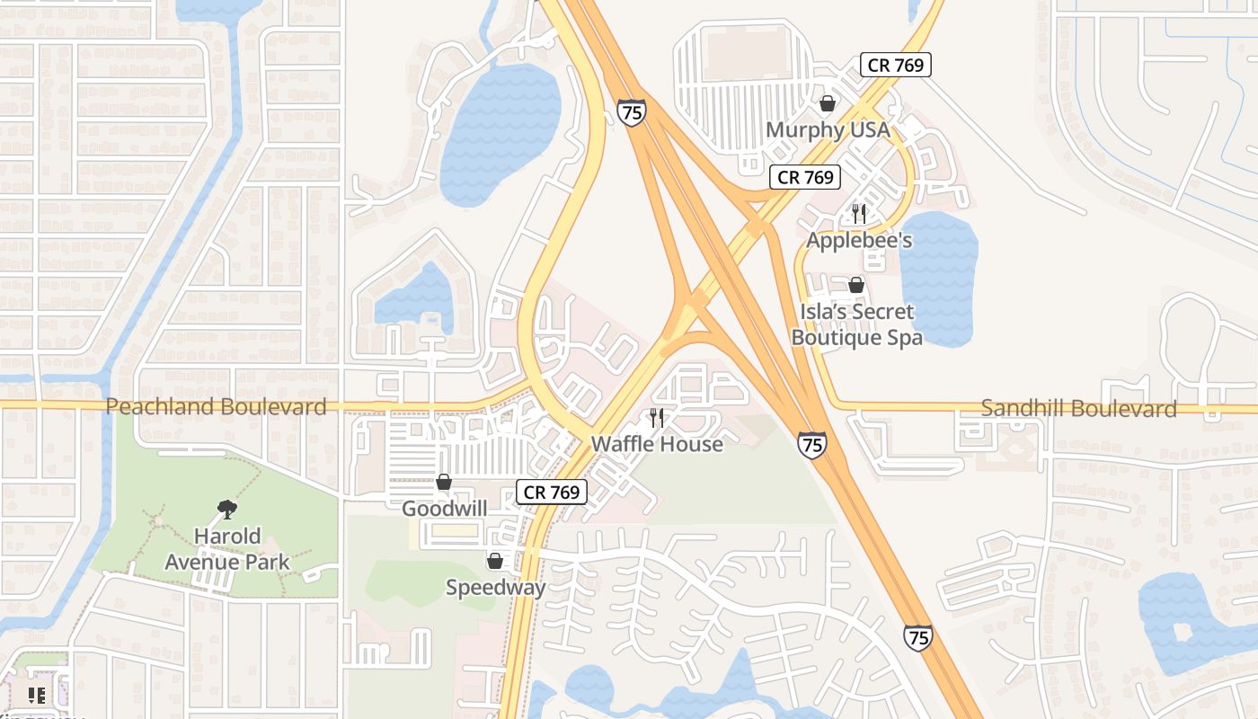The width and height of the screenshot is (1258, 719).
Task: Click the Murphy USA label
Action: [828, 130]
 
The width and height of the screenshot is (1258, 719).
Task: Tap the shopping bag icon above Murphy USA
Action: [828, 103]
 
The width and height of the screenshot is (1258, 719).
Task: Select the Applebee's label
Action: [859, 240]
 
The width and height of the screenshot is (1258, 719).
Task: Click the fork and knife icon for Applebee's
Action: [859, 214]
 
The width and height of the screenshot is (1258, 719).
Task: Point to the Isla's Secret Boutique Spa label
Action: [856, 324]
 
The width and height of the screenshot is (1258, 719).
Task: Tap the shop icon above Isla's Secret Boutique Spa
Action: [856, 285]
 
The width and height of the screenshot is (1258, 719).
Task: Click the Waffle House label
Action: [657, 444]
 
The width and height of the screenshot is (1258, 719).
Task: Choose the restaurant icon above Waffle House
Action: [657, 417]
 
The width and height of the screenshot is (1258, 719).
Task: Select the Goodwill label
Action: [444, 509]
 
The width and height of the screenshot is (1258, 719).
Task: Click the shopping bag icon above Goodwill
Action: [444, 483]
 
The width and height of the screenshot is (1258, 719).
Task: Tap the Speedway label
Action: [495, 588]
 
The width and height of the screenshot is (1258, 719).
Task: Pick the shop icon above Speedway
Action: [495, 562]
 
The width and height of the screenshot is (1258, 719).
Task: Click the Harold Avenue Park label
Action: [227, 549]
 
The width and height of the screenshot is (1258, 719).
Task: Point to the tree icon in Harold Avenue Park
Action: [227, 510]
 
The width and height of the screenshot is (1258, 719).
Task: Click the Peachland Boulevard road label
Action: [216, 407]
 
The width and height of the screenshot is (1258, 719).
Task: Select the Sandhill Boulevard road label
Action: [1078, 409]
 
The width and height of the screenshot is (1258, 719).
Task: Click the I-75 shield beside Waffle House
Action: [811, 444]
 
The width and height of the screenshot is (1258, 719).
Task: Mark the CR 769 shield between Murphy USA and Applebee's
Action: [805, 177]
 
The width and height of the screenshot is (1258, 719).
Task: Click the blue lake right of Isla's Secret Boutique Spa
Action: [939, 279]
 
